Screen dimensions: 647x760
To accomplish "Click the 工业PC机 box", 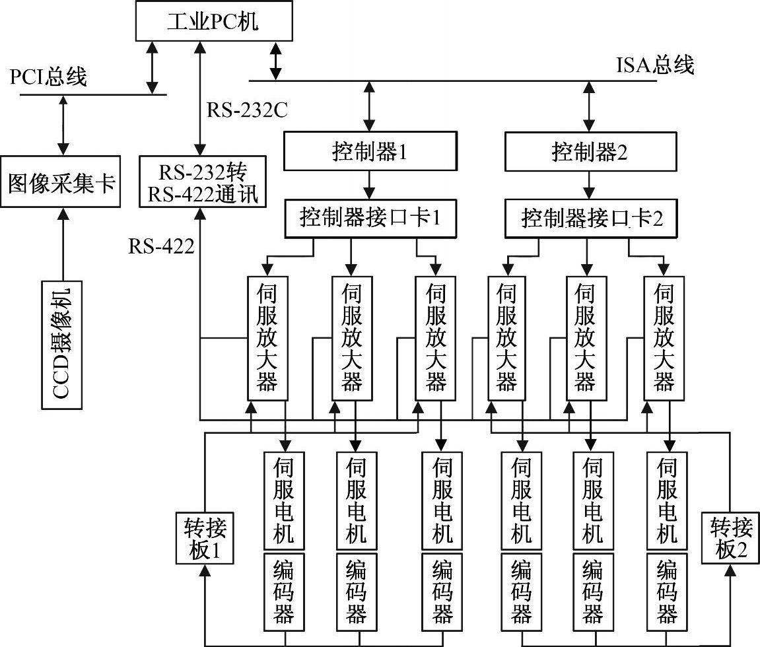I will (213, 22).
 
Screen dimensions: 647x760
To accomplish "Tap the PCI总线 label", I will (48, 78).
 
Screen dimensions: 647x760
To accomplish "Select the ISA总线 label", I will (655, 65).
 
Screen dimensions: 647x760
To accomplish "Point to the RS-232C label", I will (247, 110).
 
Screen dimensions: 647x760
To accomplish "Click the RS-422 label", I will (161, 247).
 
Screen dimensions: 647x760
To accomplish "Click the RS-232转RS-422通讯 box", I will (203, 184).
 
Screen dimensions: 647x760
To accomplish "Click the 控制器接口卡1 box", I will (370, 217).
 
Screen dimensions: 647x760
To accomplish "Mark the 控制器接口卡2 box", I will (591, 218).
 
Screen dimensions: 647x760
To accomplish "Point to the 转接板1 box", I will (205, 538).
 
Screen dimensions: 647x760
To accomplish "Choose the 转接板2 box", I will (731, 538).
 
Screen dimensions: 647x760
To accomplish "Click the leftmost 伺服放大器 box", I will (267, 337).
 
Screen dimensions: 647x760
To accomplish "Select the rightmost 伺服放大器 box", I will (664, 337).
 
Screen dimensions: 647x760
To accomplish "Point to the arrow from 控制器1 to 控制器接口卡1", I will (370, 186).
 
